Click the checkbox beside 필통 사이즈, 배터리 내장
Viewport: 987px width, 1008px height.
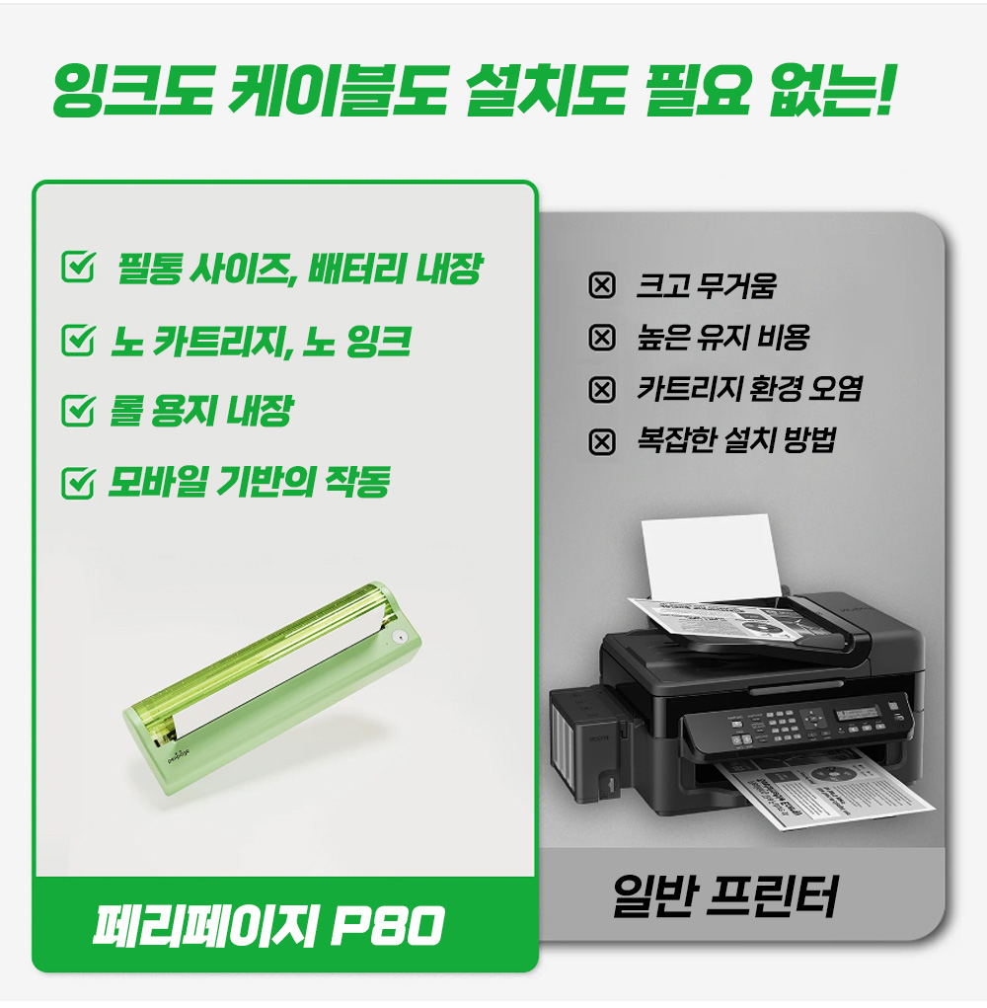(78, 267)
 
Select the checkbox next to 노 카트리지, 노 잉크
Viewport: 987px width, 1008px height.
(78, 340)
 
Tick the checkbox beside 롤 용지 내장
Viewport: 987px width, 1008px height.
(78, 410)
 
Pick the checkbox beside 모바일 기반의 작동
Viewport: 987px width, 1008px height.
(78, 482)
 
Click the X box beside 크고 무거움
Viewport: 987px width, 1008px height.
(602, 284)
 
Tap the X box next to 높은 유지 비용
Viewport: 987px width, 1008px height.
(602, 337)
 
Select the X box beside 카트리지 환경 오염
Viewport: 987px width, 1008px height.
(602, 390)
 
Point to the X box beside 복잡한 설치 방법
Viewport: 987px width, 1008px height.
(602, 441)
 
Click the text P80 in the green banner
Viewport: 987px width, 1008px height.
(388, 926)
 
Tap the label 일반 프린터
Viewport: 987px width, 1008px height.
(724, 895)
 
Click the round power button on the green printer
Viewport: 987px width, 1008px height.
(400, 638)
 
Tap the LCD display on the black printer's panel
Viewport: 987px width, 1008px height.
(857, 713)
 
